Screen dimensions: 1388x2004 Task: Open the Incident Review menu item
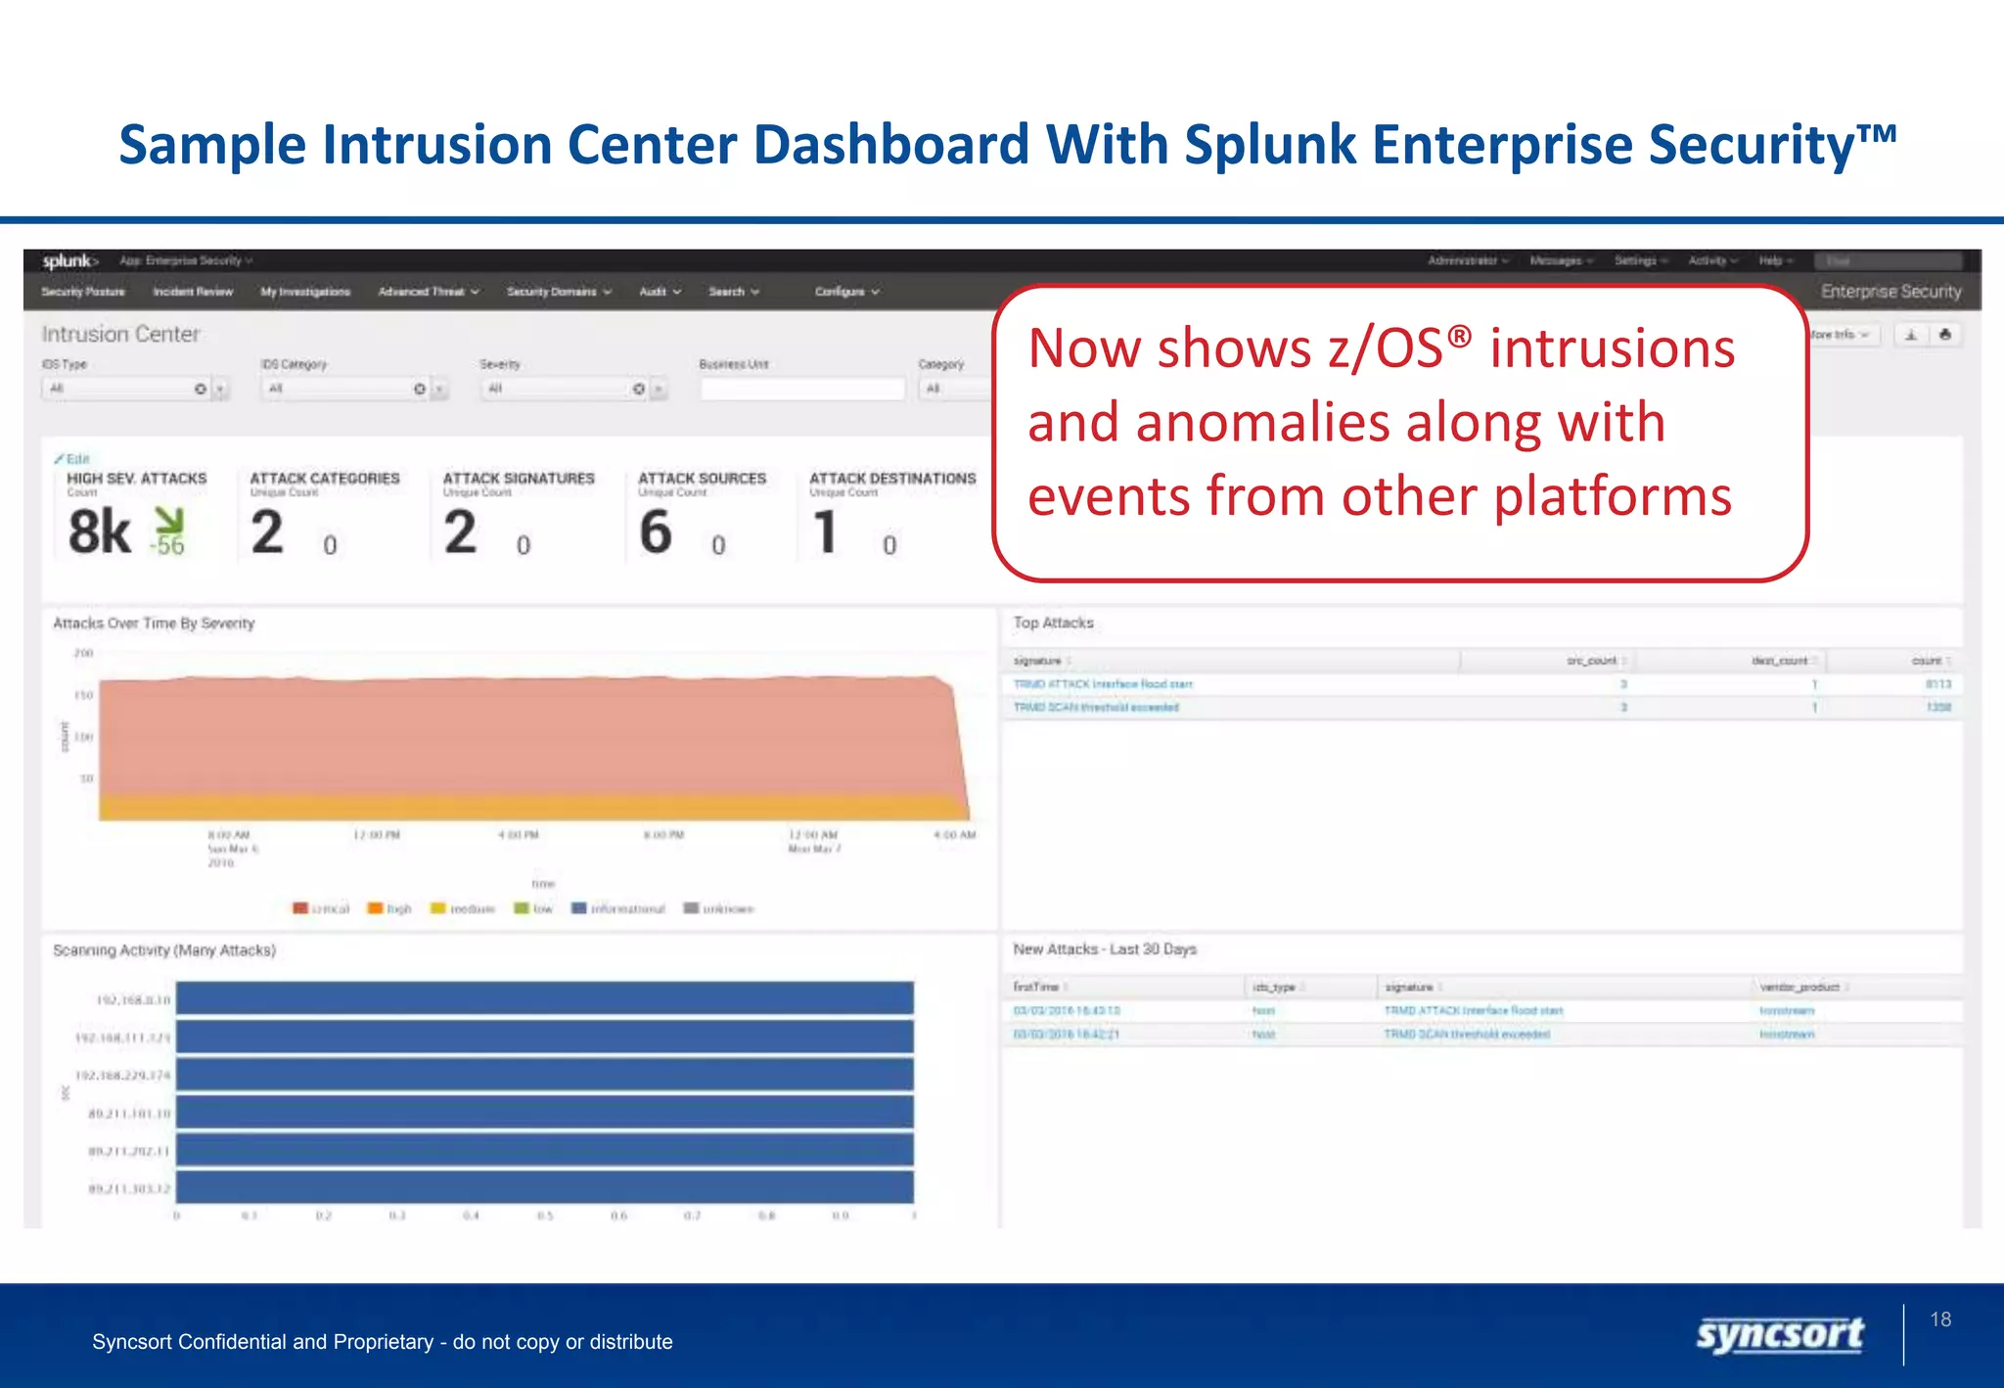193,292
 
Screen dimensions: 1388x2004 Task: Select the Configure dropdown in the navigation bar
846,292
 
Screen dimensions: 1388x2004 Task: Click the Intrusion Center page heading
120,335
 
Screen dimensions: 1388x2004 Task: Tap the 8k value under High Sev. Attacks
99,532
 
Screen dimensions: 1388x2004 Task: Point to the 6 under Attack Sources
656,532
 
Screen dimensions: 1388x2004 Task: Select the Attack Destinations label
891,479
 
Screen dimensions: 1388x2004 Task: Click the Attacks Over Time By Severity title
154,624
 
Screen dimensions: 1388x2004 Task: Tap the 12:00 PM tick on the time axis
377,835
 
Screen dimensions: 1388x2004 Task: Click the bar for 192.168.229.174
544,1075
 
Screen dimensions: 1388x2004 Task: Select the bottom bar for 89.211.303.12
544,1187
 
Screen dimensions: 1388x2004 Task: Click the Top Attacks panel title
1053,623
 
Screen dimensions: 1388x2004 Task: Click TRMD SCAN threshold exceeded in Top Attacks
1096,707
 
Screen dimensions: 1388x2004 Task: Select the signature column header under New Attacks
1409,987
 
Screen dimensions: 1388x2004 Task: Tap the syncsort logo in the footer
1779,1335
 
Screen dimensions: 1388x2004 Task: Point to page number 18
1940,1319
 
